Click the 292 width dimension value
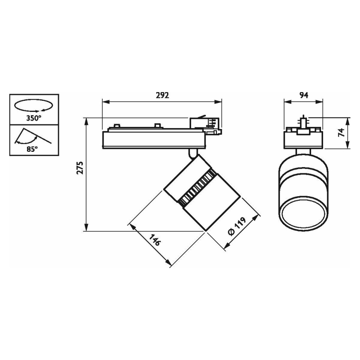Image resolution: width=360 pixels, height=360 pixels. [163, 95]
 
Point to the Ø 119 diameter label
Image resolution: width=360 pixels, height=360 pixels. [236, 227]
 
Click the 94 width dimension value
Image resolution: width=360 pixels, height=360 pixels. [304, 95]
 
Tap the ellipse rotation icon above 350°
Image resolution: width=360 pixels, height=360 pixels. [33, 105]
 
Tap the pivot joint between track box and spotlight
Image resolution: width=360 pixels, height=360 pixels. [192, 153]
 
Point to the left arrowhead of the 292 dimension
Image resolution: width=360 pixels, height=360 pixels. [104, 101]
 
